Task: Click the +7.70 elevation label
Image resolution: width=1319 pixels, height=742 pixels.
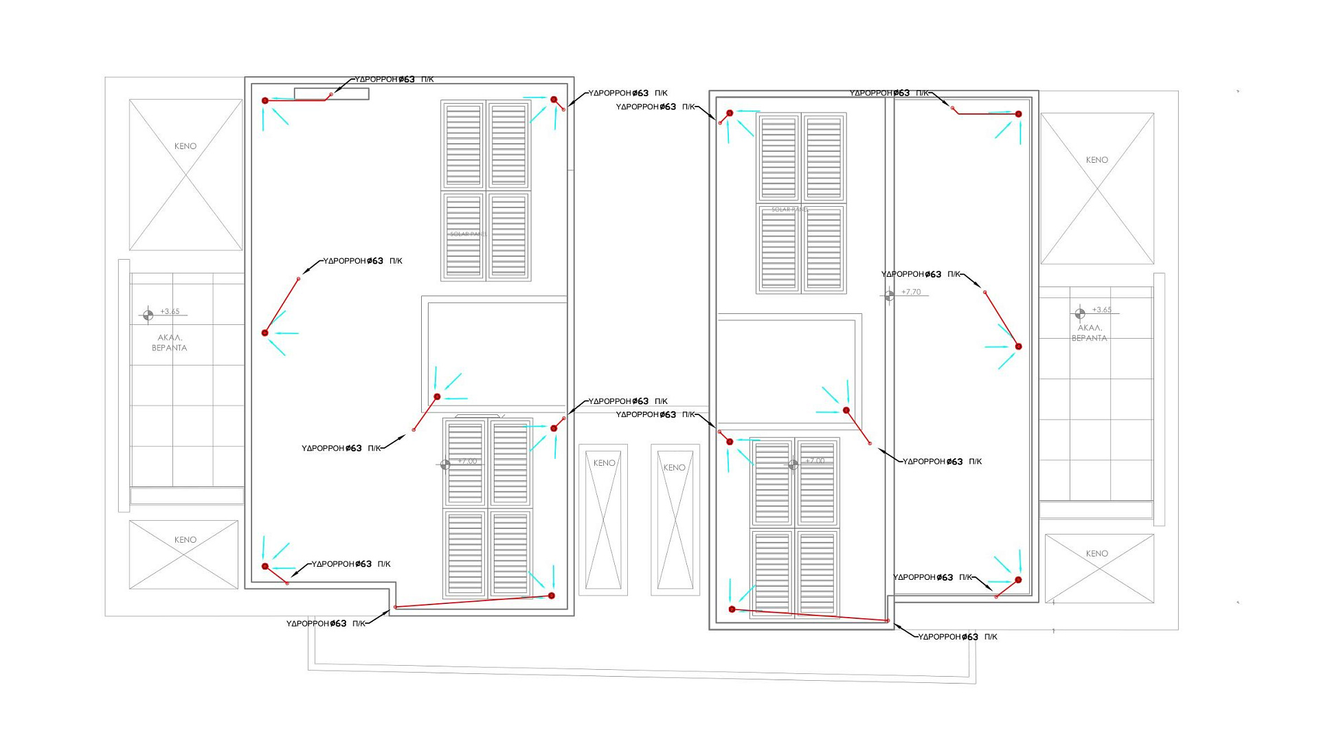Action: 911,292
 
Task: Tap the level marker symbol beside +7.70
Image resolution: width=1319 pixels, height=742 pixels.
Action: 889,295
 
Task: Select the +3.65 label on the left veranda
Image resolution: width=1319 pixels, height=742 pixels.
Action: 170,312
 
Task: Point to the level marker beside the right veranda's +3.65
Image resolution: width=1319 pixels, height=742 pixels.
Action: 1080,313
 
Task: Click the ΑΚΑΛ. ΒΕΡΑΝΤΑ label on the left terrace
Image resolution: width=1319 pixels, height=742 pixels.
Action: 169,343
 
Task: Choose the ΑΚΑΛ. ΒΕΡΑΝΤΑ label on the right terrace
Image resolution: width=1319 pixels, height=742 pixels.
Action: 1089,333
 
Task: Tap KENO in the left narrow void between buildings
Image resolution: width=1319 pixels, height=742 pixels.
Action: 605,463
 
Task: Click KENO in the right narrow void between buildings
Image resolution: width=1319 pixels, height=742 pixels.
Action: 675,468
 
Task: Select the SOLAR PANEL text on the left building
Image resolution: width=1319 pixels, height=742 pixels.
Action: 469,234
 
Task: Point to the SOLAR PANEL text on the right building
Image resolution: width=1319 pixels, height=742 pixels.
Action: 790,210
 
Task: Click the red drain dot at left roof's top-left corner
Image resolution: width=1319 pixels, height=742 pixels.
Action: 265,101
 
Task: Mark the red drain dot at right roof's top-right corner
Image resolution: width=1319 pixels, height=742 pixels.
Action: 1018,114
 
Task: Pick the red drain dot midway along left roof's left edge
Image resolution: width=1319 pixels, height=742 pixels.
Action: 265,333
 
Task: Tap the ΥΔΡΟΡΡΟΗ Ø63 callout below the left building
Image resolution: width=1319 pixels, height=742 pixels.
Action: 326,624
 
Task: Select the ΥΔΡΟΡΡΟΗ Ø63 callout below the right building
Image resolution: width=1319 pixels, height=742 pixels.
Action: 958,638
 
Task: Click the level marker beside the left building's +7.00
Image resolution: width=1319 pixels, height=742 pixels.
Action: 445,465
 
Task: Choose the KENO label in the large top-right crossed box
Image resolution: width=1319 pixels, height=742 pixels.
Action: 1096,160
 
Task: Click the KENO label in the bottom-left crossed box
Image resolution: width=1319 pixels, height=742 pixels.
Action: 185,540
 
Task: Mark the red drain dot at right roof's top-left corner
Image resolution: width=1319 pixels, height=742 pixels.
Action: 730,113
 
